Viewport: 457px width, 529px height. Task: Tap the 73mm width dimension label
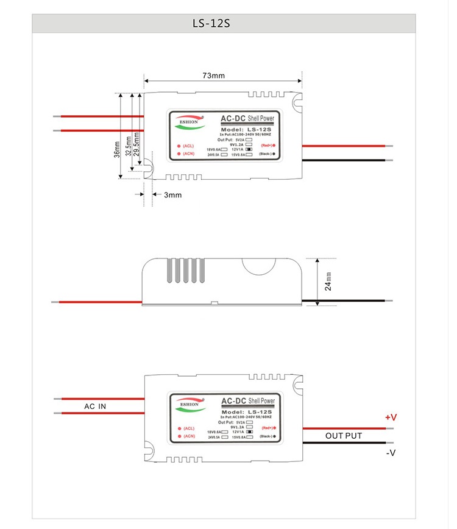tap(214, 76)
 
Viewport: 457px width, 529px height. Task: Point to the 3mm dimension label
tap(172, 195)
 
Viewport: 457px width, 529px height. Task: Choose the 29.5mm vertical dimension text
tap(138, 144)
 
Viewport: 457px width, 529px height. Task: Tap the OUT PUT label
tap(343, 436)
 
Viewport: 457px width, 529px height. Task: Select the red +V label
tap(391, 417)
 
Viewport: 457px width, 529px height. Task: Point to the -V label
tap(391, 453)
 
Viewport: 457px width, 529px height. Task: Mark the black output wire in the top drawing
tap(344, 160)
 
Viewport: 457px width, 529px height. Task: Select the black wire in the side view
tap(350, 301)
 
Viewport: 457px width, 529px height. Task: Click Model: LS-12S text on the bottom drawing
tap(244, 413)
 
